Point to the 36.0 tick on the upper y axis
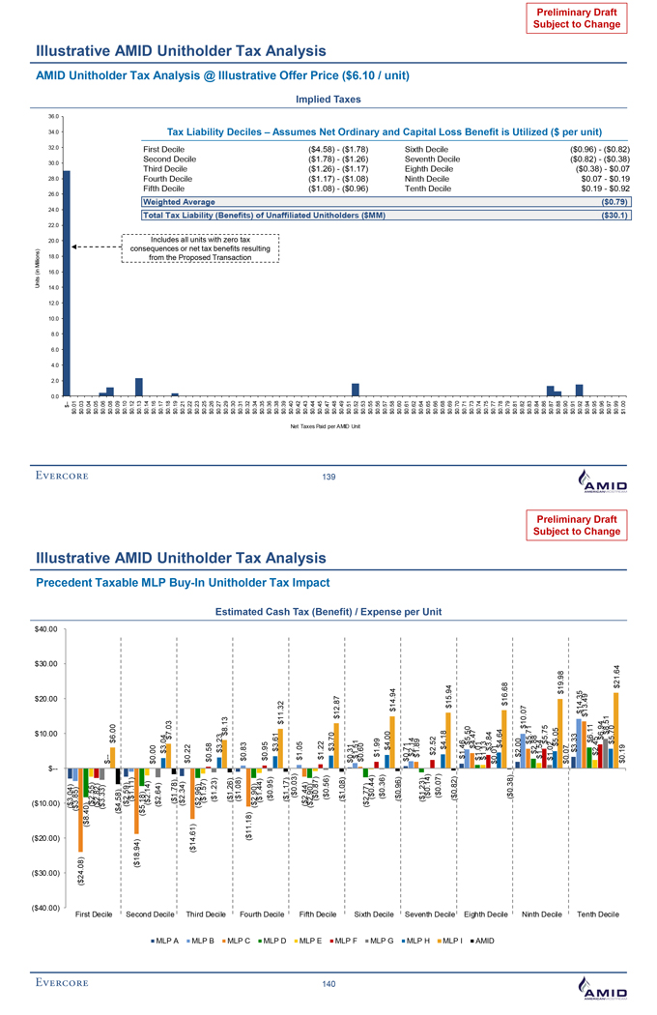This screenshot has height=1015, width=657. (x=53, y=116)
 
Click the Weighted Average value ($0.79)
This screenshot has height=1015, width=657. (x=614, y=201)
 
